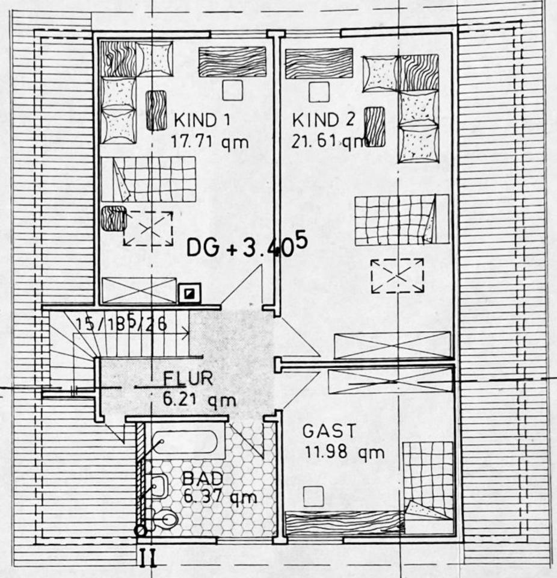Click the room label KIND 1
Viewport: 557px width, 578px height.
point(202,119)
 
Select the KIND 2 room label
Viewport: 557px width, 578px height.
point(324,119)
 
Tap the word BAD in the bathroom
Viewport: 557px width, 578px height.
point(203,479)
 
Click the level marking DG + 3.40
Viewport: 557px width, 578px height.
point(247,247)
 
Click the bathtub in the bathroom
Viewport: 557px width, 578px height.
point(183,444)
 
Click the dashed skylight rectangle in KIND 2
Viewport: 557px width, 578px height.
point(397,276)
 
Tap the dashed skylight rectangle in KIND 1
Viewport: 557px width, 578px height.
point(148,228)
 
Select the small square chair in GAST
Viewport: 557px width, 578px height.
point(313,496)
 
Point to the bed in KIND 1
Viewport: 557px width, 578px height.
point(149,179)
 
